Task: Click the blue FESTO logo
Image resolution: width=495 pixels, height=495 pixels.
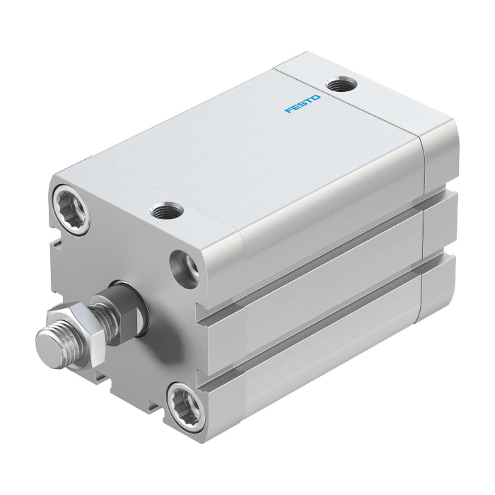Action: (303, 104)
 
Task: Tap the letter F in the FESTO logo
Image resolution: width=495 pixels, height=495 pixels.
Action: (289, 110)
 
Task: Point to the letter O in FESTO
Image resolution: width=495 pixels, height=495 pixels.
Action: (316, 98)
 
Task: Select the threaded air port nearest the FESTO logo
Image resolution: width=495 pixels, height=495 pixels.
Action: (341, 85)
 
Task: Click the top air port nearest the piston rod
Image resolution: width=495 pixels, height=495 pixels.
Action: (167, 211)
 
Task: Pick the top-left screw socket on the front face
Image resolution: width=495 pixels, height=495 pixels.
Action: (71, 209)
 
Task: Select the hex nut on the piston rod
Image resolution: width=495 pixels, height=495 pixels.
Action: (76, 334)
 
